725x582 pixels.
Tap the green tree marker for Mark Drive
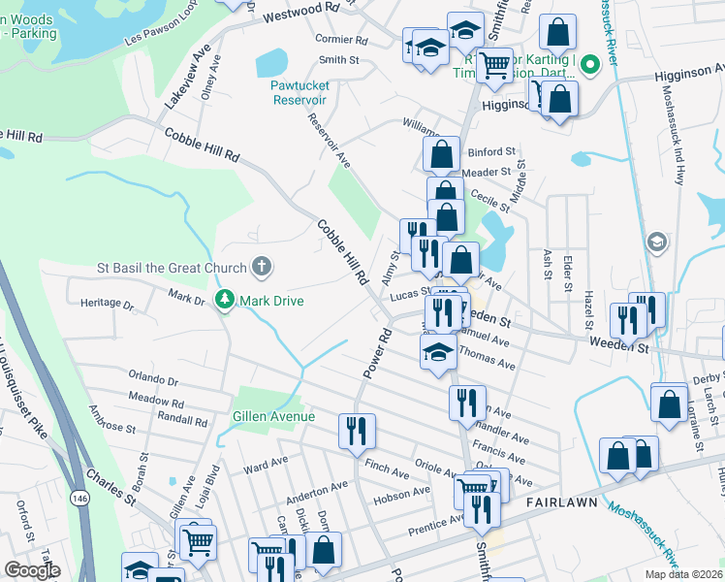225,301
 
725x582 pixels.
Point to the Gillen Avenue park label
273,416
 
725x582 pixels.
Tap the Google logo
33,569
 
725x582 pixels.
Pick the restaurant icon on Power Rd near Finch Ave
357,430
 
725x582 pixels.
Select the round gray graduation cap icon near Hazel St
656,242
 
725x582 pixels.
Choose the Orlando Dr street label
154,381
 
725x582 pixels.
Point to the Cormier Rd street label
341,41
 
